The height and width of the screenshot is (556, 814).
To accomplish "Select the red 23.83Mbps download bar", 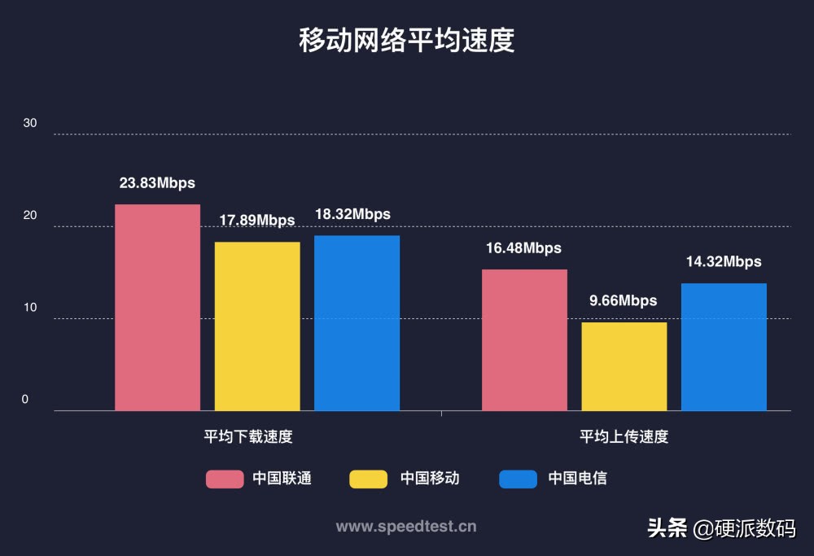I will click(157, 308).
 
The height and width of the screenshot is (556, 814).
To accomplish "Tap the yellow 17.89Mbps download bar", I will click(257, 326).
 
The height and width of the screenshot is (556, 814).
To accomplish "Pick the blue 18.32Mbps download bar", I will click(357, 323).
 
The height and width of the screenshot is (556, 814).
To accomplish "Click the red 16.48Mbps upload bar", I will click(524, 340).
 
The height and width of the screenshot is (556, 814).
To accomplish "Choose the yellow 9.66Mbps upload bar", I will click(624, 366).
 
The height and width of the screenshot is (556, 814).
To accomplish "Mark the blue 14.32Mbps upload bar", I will click(724, 347).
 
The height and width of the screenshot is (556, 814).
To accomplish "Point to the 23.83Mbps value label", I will click(157, 183).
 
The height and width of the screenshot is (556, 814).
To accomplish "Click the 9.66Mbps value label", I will click(624, 301).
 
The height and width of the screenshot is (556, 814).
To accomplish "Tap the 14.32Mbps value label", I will click(724, 262).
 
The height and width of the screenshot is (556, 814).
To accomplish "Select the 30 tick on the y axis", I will click(30, 123).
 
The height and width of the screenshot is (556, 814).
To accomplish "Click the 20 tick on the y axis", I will click(30, 216).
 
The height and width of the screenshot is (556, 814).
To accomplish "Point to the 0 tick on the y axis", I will click(25, 400).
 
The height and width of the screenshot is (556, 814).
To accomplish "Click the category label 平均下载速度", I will click(248, 436).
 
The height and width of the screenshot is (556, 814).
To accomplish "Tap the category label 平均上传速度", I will click(624, 436).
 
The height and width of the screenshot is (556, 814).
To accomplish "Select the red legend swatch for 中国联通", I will click(225, 479).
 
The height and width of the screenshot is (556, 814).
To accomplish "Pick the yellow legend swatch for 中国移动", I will click(369, 479).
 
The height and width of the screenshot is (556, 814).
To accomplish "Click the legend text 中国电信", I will click(577, 479).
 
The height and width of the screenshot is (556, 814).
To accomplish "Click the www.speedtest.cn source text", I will click(406, 527).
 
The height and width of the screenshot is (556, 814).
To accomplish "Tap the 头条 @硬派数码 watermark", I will click(721, 528).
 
